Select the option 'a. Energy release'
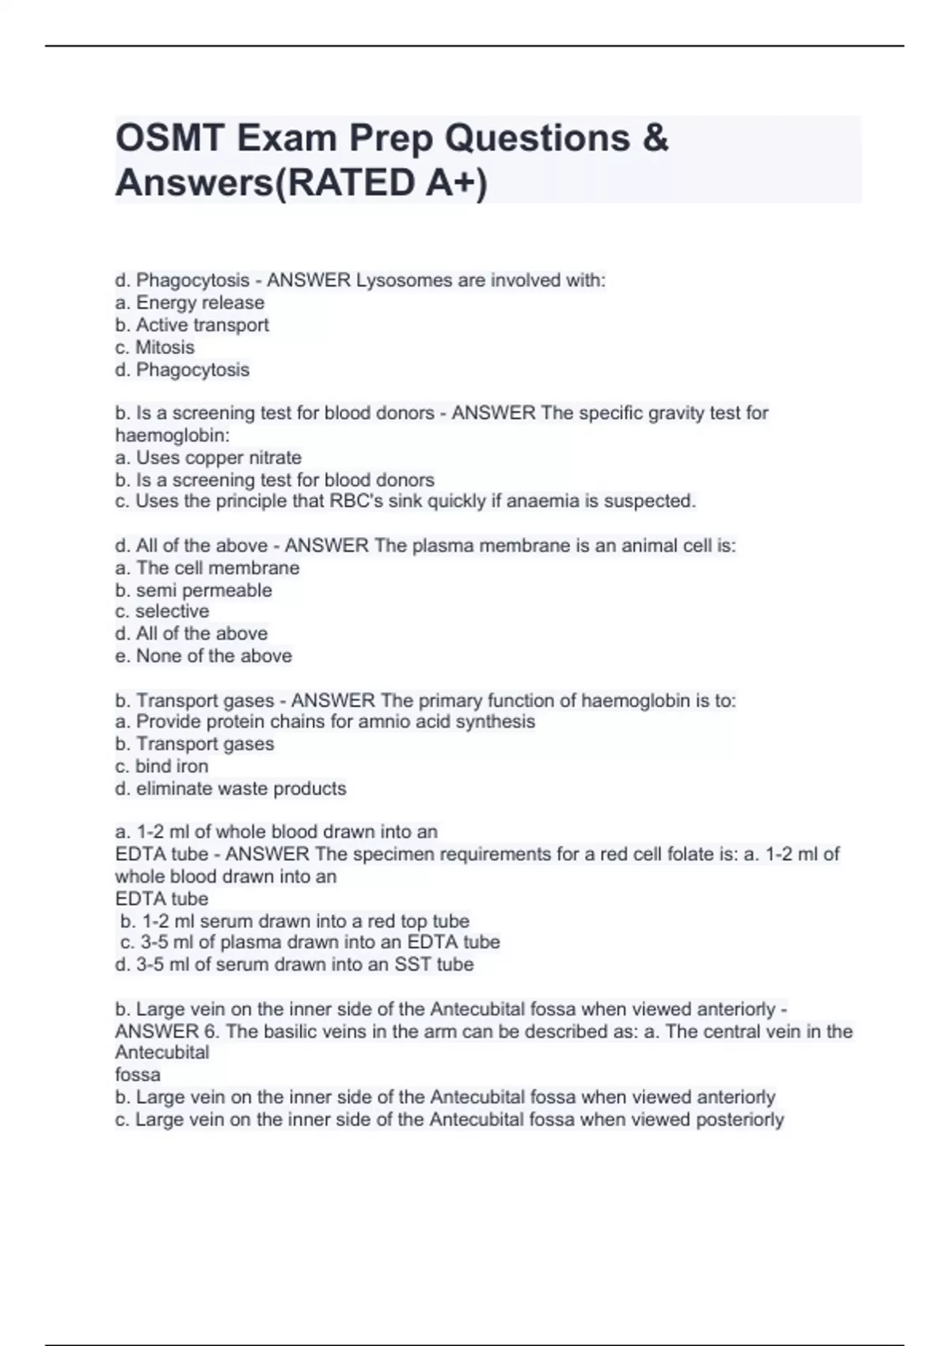coord(190,302)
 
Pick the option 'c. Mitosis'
coord(155,347)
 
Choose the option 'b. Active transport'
coord(192,325)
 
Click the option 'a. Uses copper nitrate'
coord(208,458)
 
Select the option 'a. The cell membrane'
coord(207,568)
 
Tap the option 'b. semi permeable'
coord(194,590)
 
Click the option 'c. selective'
coord(162,611)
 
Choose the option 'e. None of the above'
coord(203,656)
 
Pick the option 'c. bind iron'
coord(162,766)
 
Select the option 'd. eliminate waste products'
coord(231,789)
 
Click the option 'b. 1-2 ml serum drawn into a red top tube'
coord(294,921)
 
